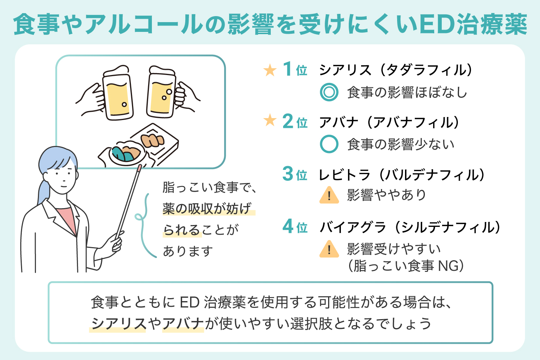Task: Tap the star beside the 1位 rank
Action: click(270, 70)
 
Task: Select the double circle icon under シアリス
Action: click(329, 92)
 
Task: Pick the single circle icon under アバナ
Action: click(329, 144)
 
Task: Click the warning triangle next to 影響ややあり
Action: click(329, 195)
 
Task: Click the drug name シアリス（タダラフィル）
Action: click(396, 70)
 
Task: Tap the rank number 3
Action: click(288, 174)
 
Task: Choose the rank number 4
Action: click(288, 226)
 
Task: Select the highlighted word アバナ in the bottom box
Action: click(183, 323)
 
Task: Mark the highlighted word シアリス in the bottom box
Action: click(118, 323)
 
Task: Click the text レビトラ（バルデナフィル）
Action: click(402, 175)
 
